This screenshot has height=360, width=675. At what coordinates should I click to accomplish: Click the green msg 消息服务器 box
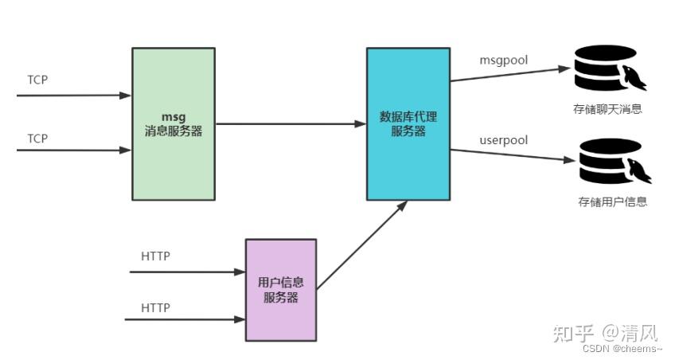pyautogui.click(x=173, y=123)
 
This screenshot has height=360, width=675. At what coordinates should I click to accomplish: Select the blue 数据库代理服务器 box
pyautogui.click(x=408, y=123)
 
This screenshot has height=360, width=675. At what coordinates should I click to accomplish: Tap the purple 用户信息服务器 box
pyautogui.click(x=280, y=290)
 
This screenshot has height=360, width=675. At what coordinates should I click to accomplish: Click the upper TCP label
pyautogui.click(x=37, y=80)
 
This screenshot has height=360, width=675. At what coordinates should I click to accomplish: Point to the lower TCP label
pyautogui.click(x=37, y=139)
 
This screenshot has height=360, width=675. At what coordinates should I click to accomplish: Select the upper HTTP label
pyautogui.click(x=155, y=256)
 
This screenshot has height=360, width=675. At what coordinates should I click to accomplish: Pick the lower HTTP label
pyautogui.click(x=155, y=307)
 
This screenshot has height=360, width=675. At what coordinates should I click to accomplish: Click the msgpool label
pyautogui.click(x=503, y=61)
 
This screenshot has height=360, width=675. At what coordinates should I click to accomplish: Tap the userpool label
pyautogui.click(x=504, y=140)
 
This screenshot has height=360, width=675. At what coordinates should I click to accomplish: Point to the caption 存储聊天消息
pyautogui.click(x=607, y=110)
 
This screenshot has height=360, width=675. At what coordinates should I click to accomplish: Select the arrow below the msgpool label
pyautogui.click(x=509, y=74)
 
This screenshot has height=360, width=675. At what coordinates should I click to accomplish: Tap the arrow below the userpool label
pyautogui.click(x=509, y=155)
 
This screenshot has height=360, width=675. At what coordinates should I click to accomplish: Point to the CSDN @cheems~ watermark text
pyautogui.click(x=622, y=348)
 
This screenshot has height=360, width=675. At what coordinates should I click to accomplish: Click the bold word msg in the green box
pyautogui.click(x=173, y=116)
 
